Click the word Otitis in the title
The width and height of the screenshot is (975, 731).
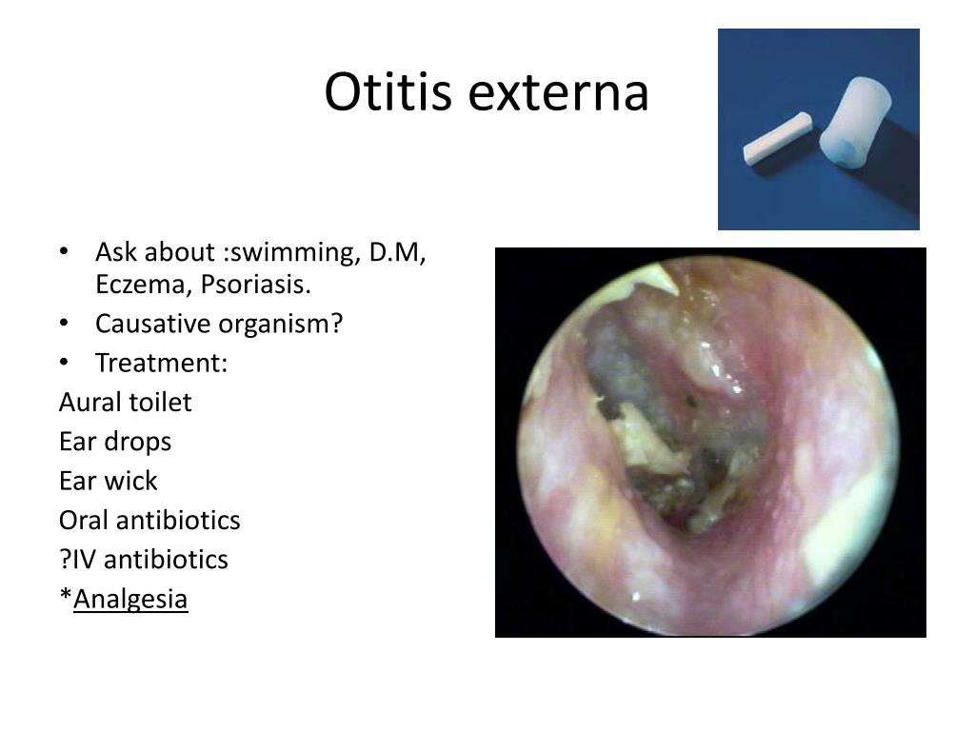388,92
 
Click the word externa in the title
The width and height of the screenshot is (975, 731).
558,93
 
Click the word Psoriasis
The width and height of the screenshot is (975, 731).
255,285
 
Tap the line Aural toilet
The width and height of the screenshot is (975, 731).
126,403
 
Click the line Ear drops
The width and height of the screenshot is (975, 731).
115,442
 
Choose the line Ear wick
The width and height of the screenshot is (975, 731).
109,481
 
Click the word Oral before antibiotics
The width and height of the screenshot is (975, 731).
84,521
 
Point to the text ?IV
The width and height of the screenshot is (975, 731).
78,560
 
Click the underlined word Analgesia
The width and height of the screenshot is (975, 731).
130,600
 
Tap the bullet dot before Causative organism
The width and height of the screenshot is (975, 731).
64,324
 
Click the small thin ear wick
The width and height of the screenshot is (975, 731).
777,138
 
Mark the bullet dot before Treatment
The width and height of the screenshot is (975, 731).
64,363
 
